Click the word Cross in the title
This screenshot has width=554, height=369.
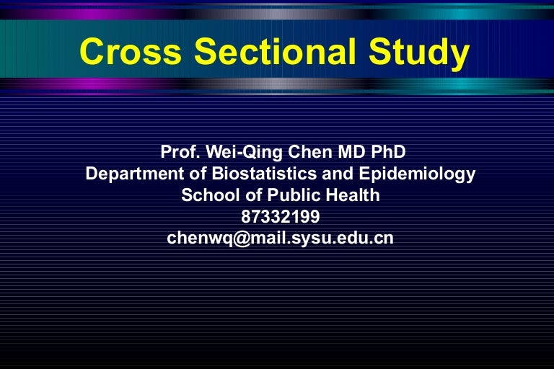(131, 52)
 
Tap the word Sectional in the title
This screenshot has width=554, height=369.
(276, 52)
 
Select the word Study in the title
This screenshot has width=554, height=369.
(419, 53)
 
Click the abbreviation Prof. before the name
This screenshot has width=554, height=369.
(180, 152)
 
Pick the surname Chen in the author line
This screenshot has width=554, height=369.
(310, 152)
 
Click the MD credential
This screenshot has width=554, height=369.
(351, 152)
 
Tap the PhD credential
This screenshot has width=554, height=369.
(388, 152)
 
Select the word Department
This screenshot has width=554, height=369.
(135, 174)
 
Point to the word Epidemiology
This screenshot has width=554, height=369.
(417, 174)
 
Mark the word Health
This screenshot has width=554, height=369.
(353, 195)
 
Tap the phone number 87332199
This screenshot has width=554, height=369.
(281, 216)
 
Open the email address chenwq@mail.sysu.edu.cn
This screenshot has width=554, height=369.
(280, 239)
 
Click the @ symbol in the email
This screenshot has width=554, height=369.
(242, 239)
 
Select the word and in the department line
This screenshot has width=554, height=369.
(338, 174)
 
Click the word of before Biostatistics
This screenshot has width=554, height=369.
(198, 174)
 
